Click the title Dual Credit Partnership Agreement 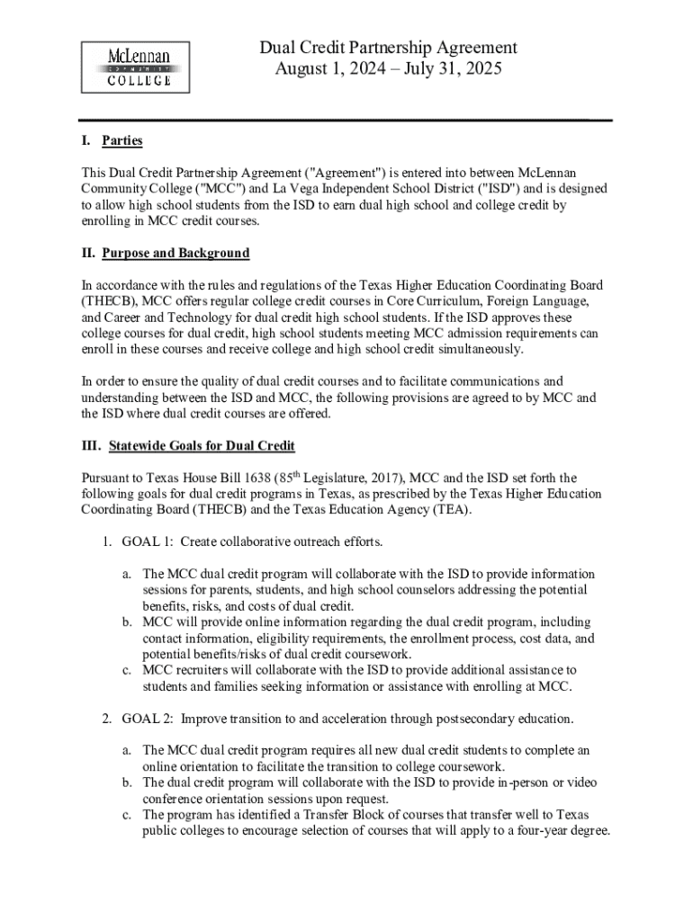click(x=388, y=48)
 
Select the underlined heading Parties click(x=122, y=141)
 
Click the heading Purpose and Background click(x=175, y=253)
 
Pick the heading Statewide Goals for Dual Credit click(x=202, y=446)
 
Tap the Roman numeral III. click(x=90, y=446)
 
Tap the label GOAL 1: click(x=148, y=541)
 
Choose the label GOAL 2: click(x=148, y=719)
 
